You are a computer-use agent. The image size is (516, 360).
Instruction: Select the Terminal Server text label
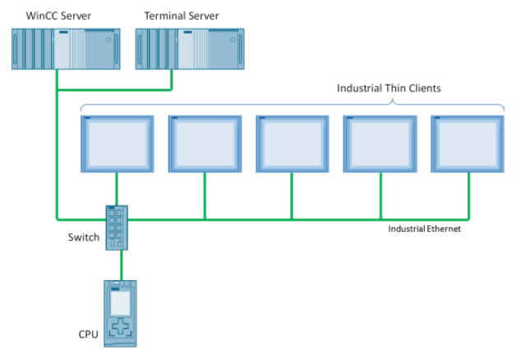point(176,16)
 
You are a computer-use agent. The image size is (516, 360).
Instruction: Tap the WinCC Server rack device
point(66,48)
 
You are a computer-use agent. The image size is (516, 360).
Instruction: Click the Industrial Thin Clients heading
point(389,88)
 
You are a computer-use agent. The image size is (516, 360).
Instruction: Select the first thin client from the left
point(117,144)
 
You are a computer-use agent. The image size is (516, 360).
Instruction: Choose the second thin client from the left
point(205,144)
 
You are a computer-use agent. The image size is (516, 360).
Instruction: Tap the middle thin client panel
point(292,144)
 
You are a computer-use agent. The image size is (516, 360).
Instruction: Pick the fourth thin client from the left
point(380,144)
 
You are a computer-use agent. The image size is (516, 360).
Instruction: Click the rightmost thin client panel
point(467,144)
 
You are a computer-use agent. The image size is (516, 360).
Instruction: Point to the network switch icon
point(117,227)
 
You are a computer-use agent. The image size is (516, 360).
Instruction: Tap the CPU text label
point(88,335)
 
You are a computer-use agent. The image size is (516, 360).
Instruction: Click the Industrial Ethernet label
point(424,228)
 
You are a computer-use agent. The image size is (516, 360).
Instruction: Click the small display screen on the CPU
point(121,303)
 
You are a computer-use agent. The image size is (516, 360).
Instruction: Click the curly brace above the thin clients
point(292,104)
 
